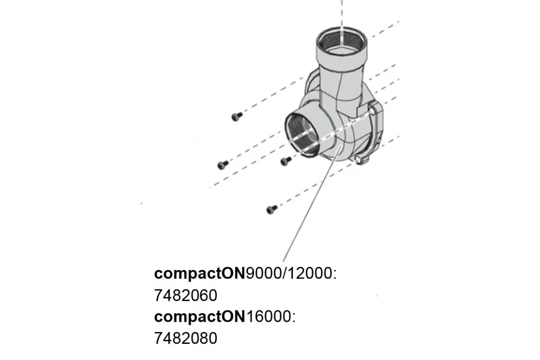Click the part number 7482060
[x=185, y=295]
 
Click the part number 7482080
[x=185, y=338]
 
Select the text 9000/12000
[x=289, y=274]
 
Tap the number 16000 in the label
[x=269, y=316]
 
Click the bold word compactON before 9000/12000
[x=200, y=274]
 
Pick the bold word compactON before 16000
[x=200, y=317]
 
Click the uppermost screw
[x=237, y=117]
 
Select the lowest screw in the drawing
[x=272, y=210]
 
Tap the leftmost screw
[x=223, y=165]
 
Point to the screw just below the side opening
[x=286, y=161]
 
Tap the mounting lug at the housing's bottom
[x=362, y=159]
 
